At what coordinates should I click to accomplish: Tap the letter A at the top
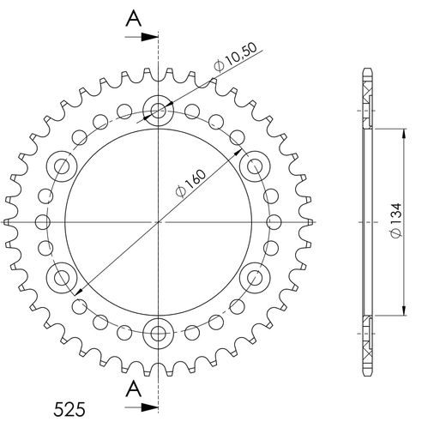point(133,17)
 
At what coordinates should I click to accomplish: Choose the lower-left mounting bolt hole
point(62,276)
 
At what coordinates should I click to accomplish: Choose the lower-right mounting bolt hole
point(256,276)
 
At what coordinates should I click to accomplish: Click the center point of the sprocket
point(159,221)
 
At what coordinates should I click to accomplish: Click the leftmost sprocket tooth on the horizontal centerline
point(10,221)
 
